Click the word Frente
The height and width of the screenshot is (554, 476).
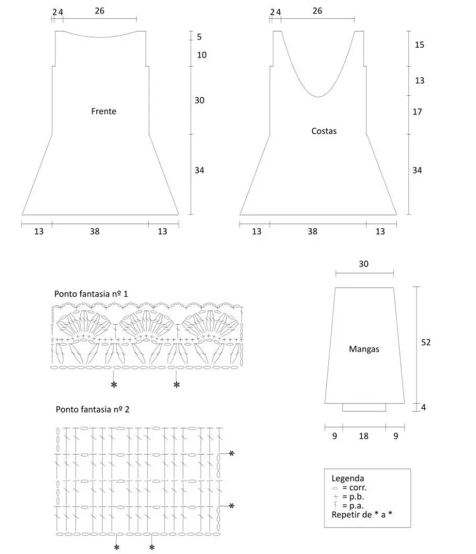[x=104, y=111]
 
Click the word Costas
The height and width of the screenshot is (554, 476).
[x=324, y=130]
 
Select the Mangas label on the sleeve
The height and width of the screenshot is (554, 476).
[x=363, y=349]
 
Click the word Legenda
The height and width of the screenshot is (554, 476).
[x=348, y=478]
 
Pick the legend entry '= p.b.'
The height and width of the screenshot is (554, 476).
[x=354, y=497]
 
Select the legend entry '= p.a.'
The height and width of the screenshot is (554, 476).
[x=354, y=506]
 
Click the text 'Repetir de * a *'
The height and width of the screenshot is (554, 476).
[x=361, y=515]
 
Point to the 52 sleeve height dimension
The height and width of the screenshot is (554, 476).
[x=426, y=342]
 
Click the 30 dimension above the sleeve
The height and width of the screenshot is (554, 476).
[x=364, y=264]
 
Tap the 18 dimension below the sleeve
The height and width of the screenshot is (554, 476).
[x=363, y=436]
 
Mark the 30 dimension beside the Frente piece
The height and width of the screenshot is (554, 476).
[x=200, y=100]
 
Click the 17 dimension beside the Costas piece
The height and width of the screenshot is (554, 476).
[x=417, y=111]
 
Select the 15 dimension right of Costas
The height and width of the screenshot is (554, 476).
[x=419, y=45]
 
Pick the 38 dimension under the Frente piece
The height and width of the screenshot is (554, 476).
[x=95, y=231]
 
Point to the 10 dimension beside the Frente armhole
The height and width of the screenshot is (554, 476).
[x=202, y=55]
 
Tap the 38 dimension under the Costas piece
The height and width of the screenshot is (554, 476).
[x=312, y=231]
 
